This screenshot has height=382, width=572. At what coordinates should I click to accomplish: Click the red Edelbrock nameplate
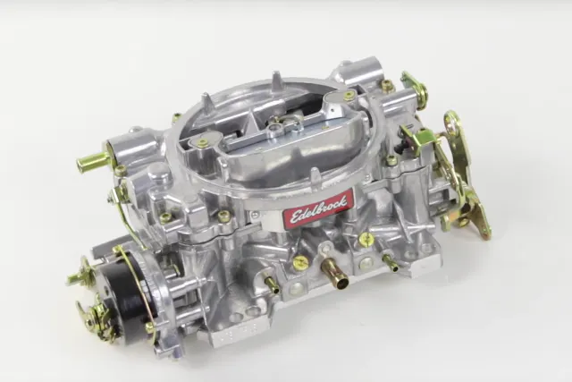(x=318, y=208)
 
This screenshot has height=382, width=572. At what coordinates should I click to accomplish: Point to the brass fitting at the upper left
(x=92, y=160)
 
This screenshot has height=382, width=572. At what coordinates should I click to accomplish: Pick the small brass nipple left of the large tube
(x=272, y=284)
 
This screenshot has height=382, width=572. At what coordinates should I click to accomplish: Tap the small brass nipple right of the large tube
(x=391, y=263)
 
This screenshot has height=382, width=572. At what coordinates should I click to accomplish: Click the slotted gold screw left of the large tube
(x=300, y=262)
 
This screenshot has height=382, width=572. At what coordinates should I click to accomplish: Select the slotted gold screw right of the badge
(x=366, y=239)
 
